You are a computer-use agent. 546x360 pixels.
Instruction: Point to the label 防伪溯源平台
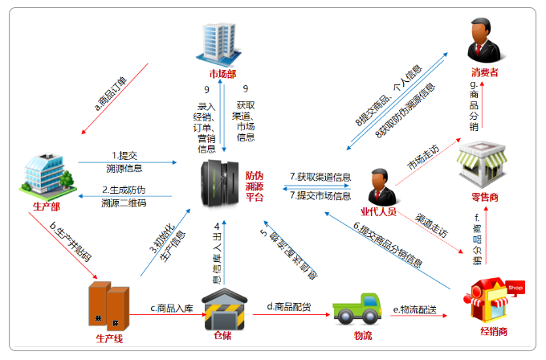point(254,187)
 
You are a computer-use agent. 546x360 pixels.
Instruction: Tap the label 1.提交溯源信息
point(124,162)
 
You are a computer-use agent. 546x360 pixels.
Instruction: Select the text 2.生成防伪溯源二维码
point(124,196)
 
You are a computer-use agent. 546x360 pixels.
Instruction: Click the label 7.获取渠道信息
point(320,177)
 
